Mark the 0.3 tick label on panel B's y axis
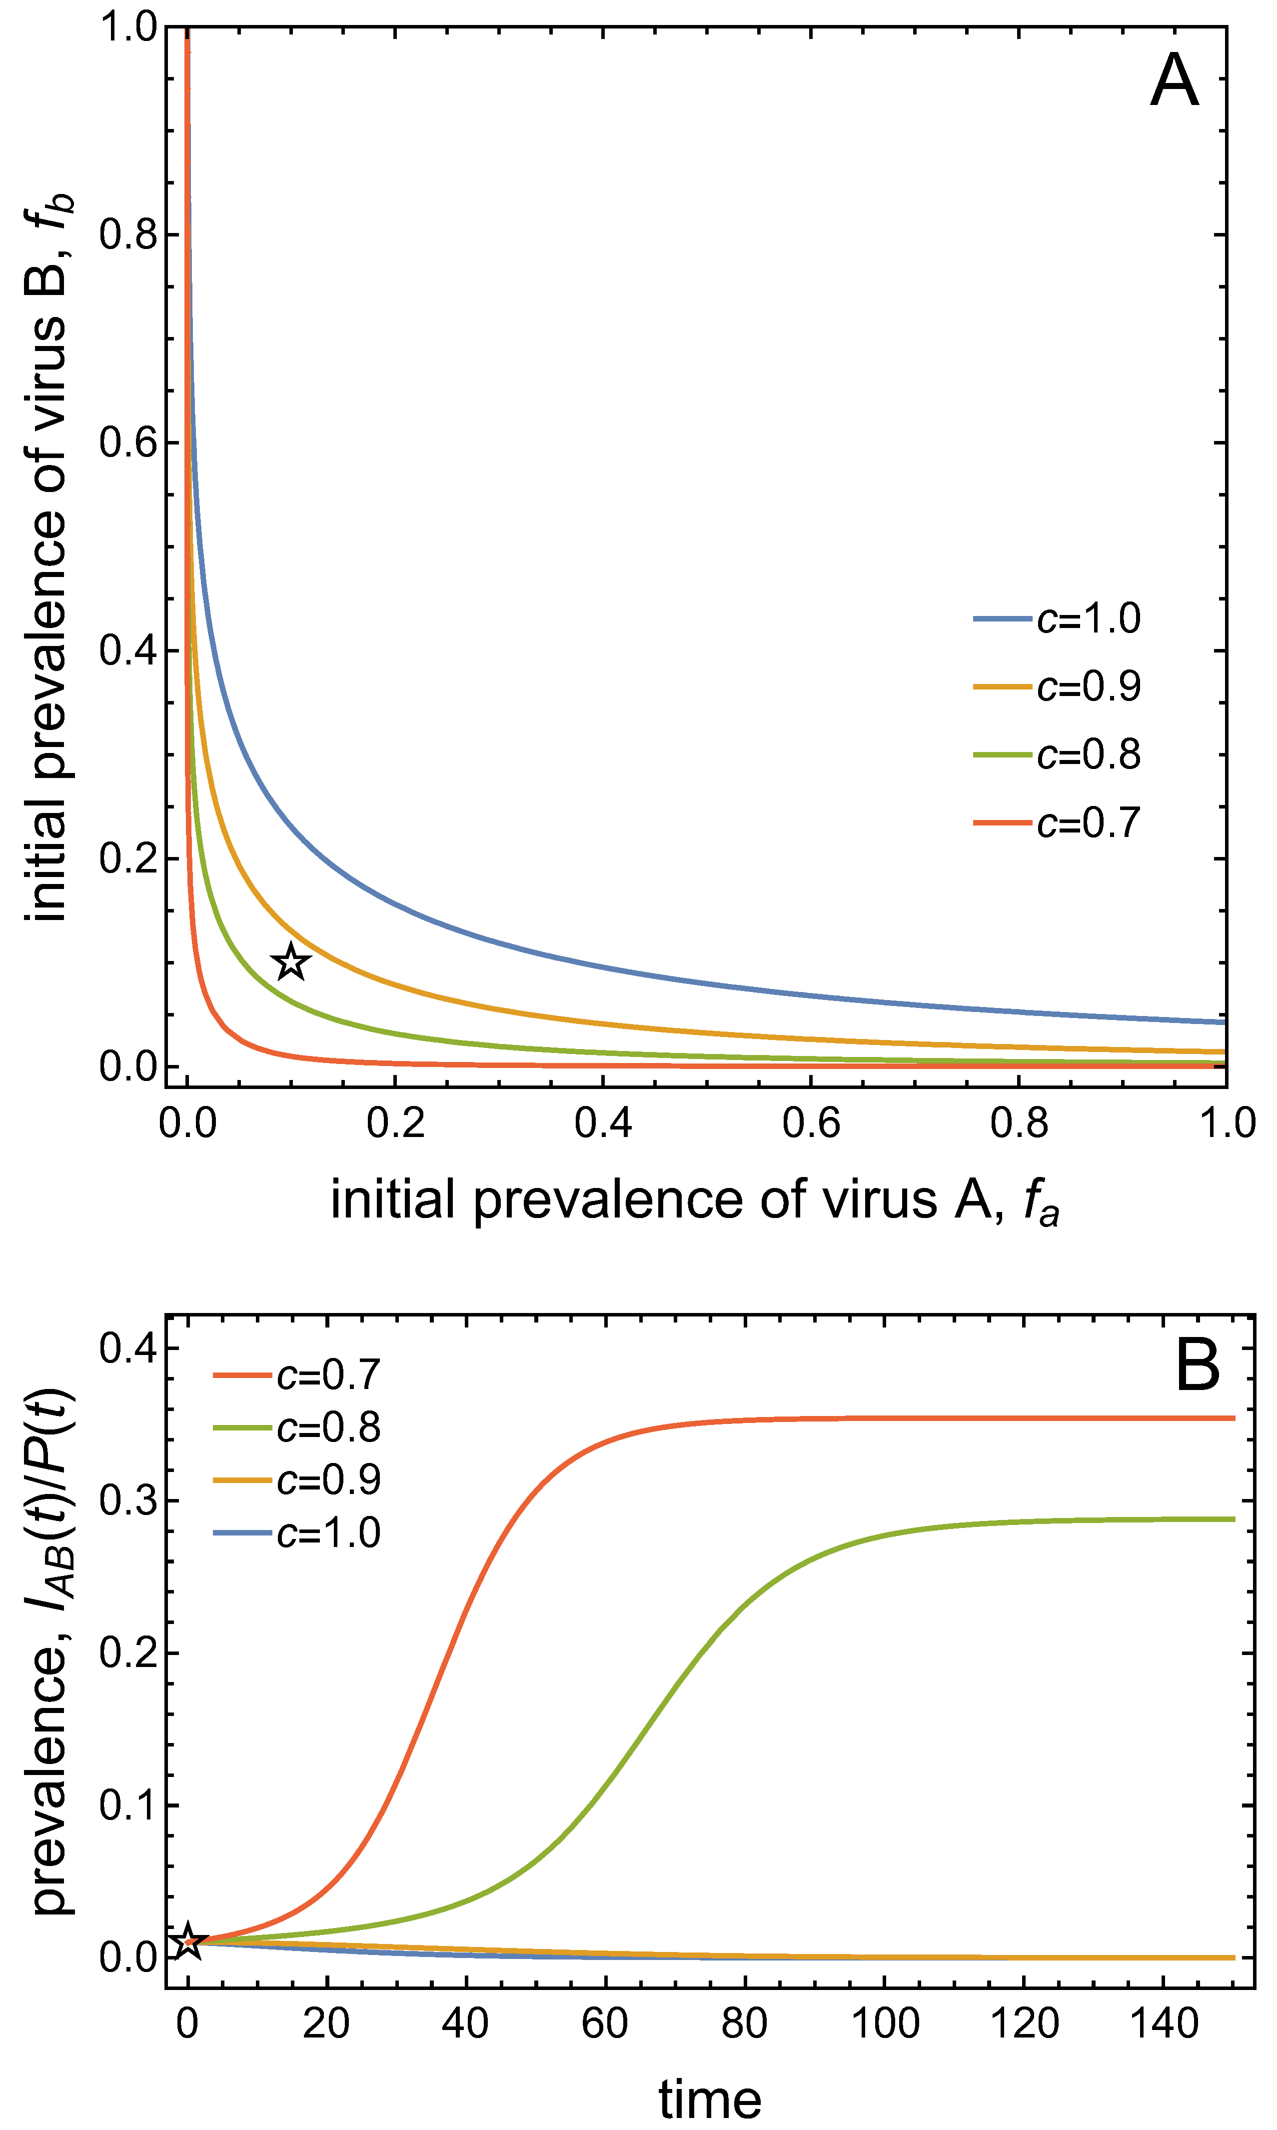click(127, 1500)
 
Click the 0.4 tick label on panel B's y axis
click(127, 1347)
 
